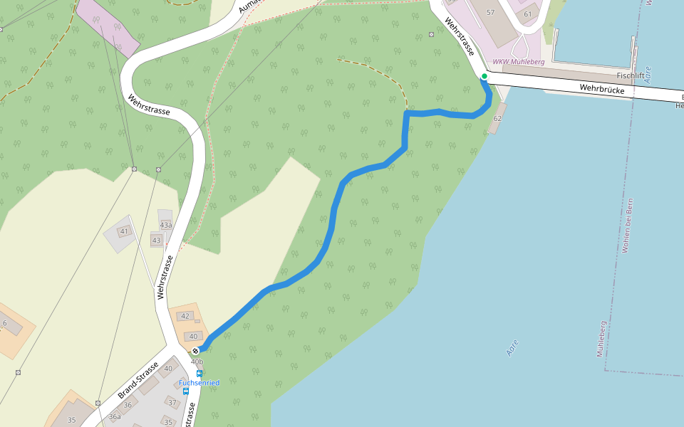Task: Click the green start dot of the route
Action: click(x=484, y=76)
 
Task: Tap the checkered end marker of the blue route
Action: click(x=195, y=351)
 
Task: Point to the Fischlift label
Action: click(x=631, y=75)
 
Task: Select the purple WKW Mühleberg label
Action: click(x=519, y=62)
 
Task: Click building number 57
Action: click(x=490, y=13)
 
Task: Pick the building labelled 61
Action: click(x=527, y=14)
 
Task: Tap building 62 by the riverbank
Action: click(x=497, y=118)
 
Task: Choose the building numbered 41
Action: click(x=124, y=231)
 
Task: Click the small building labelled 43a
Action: click(x=165, y=225)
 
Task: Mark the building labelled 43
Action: click(x=157, y=241)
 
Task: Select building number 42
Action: click(x=185, y=316)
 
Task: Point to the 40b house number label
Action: click(x=197, y=362)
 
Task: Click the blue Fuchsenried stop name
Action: click(x=199, y=383)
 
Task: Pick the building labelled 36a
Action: click(x=114, y=417)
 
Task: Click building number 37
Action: click(x=172, y=403)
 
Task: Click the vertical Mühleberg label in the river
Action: click(x=601, y=339)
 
